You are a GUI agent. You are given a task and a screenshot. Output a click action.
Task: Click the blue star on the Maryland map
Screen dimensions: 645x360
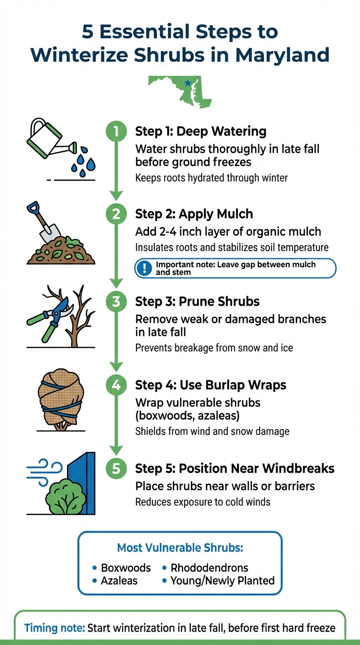point(188,83)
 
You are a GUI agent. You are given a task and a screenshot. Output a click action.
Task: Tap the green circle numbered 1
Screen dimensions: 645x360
point(116,131)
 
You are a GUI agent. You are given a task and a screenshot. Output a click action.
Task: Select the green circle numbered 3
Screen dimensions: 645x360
point(116,301)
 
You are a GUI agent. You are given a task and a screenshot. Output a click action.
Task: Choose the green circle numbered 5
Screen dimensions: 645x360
point(116,468)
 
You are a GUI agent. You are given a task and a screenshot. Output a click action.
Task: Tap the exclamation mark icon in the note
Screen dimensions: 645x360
point(145,268)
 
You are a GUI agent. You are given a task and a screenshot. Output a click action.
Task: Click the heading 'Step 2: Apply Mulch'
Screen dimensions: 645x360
point(194,214)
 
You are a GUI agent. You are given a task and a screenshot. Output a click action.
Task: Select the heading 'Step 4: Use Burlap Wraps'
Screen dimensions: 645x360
point(210,385)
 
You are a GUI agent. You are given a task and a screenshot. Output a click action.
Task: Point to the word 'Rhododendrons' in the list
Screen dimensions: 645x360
point(209,568)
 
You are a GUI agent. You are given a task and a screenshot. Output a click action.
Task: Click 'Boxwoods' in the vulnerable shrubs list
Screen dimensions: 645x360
point(126,568)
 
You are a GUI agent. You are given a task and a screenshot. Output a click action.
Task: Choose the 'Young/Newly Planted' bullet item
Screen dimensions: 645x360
point(222,581)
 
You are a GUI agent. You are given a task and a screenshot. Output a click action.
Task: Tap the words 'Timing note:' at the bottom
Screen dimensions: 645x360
point(54,628)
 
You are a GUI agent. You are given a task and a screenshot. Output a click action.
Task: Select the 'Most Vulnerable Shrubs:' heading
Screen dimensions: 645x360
point(180,547)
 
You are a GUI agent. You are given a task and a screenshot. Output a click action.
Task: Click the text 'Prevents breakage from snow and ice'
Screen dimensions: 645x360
point(214,348)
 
